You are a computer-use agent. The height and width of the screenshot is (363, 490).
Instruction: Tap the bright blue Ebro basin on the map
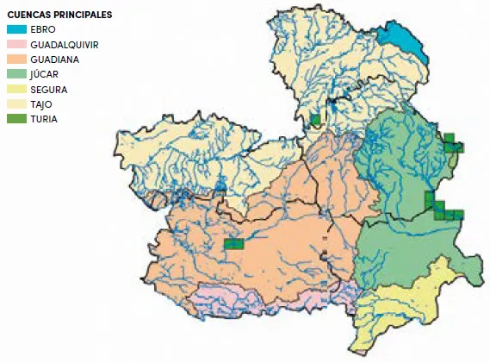(403, 41)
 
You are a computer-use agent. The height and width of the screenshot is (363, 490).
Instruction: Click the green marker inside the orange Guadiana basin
(233, 244)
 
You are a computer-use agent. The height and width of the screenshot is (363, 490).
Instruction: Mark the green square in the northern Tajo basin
(316, 120)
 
